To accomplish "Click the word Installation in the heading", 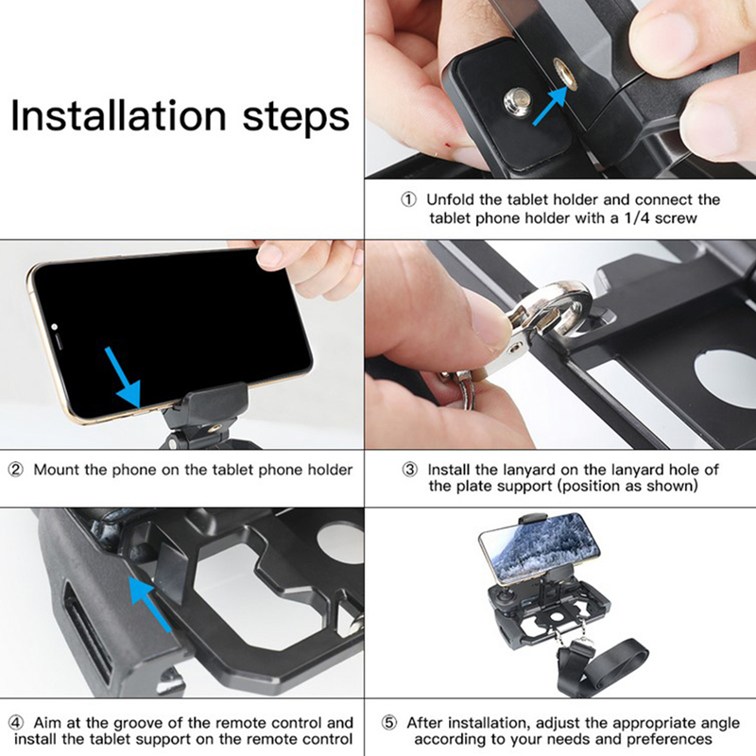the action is (118, 115).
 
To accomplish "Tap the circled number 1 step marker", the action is (409, 199).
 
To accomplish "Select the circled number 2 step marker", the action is (16, 470).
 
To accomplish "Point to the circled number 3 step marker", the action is (410, 470).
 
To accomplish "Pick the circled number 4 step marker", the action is (16, 723).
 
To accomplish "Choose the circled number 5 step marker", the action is (389, 723).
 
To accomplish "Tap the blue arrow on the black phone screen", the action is (124, 377).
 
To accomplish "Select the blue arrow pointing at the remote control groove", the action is (149, 604).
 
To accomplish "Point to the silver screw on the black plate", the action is (517, 101).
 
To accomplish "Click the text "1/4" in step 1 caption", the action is (637, 218).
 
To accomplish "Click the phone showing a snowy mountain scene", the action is (541, 546).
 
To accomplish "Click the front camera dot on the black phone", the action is (55, 326).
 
